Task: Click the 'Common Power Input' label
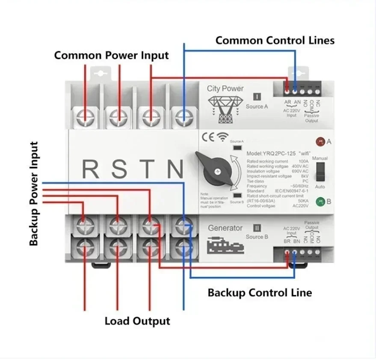pyautogui.click(x=111, y=55)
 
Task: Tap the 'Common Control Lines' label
pyautogui.click(x=275, y=40)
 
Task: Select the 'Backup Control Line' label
pyautogui.click(x=260, y=293)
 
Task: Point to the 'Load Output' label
pyautogui.click(x=137, y=321)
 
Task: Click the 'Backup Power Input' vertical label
pyautogui.click(x=34, y=193)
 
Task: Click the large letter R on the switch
pyautogui.click(x=90, y=169)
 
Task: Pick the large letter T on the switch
pyautogui.click(x=148, y=169)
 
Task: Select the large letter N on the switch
pyautogui.click(x=176, y=169)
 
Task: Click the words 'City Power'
pyautogui.click(x=225, y=89)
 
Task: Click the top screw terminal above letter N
pyautogui.click(x=183, y=116)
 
